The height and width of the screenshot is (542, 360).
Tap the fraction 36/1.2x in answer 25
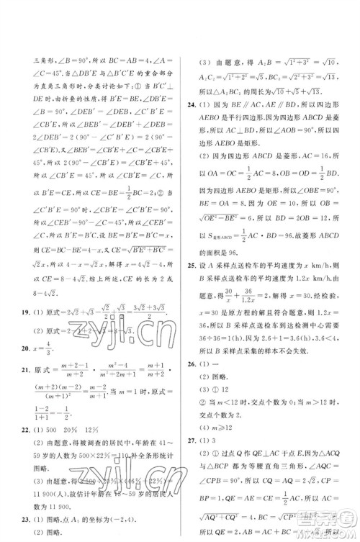(x=246, y=296)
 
